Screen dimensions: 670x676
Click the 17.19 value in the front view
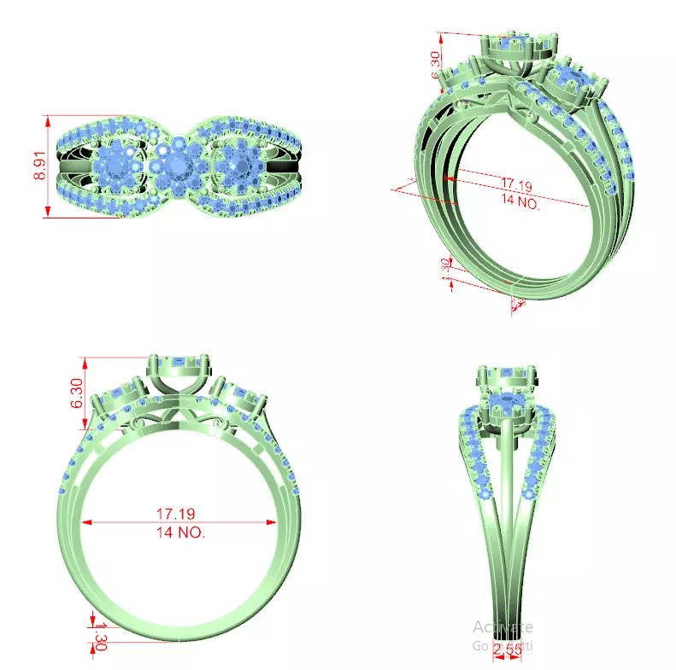tap(178, 515)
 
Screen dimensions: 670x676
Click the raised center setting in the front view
tap(178, 369)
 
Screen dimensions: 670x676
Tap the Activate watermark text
tap(503, 627)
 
